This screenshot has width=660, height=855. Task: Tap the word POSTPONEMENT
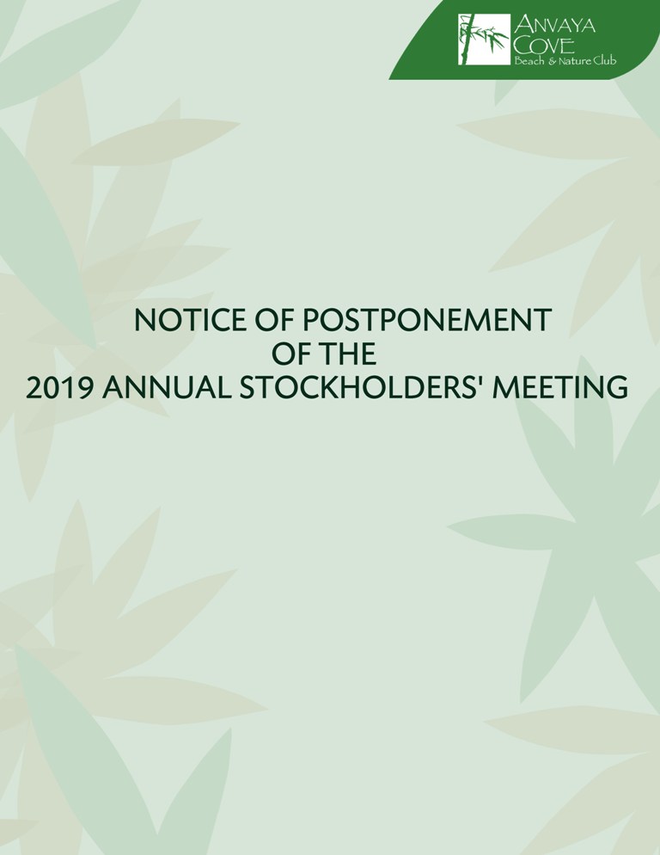427,320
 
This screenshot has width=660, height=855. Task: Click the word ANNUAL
168,388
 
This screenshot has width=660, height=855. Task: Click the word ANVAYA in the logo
555,26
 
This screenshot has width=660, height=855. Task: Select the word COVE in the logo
544,46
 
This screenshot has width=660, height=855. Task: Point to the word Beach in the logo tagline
529,61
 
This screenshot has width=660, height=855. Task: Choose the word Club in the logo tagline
605,61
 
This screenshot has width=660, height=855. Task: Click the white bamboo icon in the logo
484,40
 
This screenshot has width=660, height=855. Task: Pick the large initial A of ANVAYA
523,26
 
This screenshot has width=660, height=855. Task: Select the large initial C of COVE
524,46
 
